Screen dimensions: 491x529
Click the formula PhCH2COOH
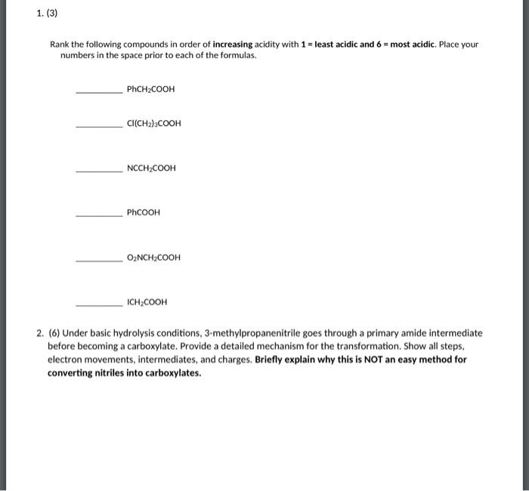coord(150,89)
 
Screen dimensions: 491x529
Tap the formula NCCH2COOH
coord(151,168)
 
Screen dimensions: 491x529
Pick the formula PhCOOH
coord(144,212)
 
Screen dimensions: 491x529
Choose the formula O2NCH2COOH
coord(153,258)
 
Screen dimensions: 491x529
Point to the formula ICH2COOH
coord(147,302)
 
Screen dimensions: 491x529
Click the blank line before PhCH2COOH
coord(98,92)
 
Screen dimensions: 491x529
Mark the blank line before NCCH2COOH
coord(98,171)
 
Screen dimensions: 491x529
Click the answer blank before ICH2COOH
coord(98,305)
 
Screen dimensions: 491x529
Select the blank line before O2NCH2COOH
coord(98,261)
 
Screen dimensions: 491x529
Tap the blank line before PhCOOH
coord(98,215)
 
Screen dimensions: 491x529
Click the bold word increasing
coord(234,45)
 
